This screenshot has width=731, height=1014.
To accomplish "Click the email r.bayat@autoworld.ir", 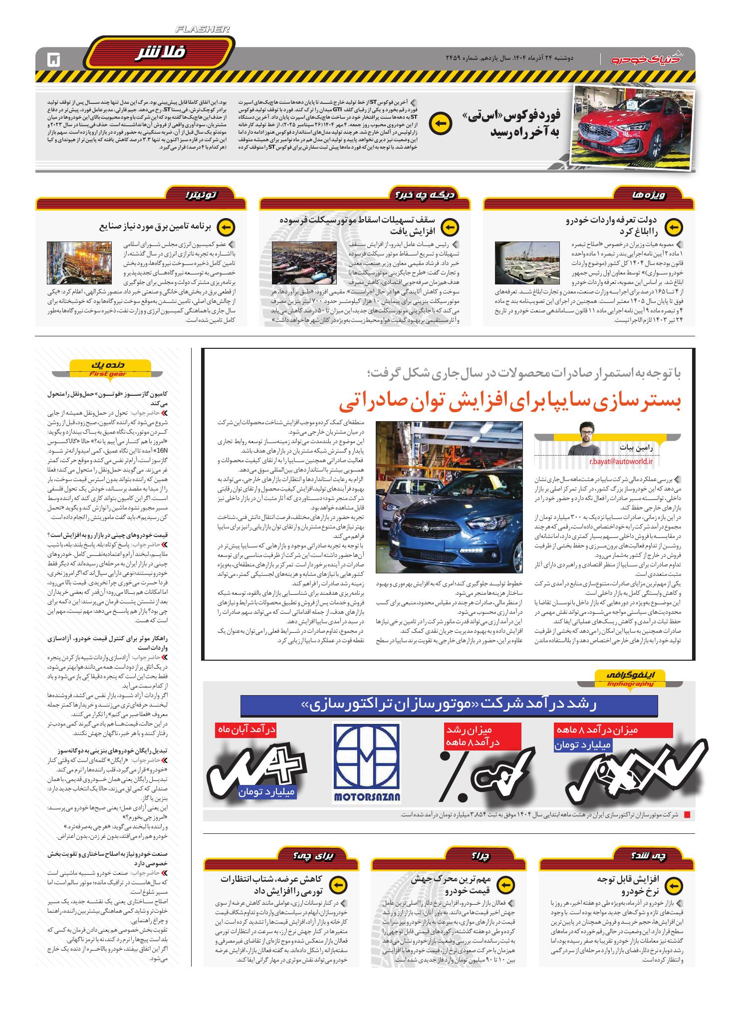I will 621,462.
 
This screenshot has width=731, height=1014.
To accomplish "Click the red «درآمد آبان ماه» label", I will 245,730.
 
